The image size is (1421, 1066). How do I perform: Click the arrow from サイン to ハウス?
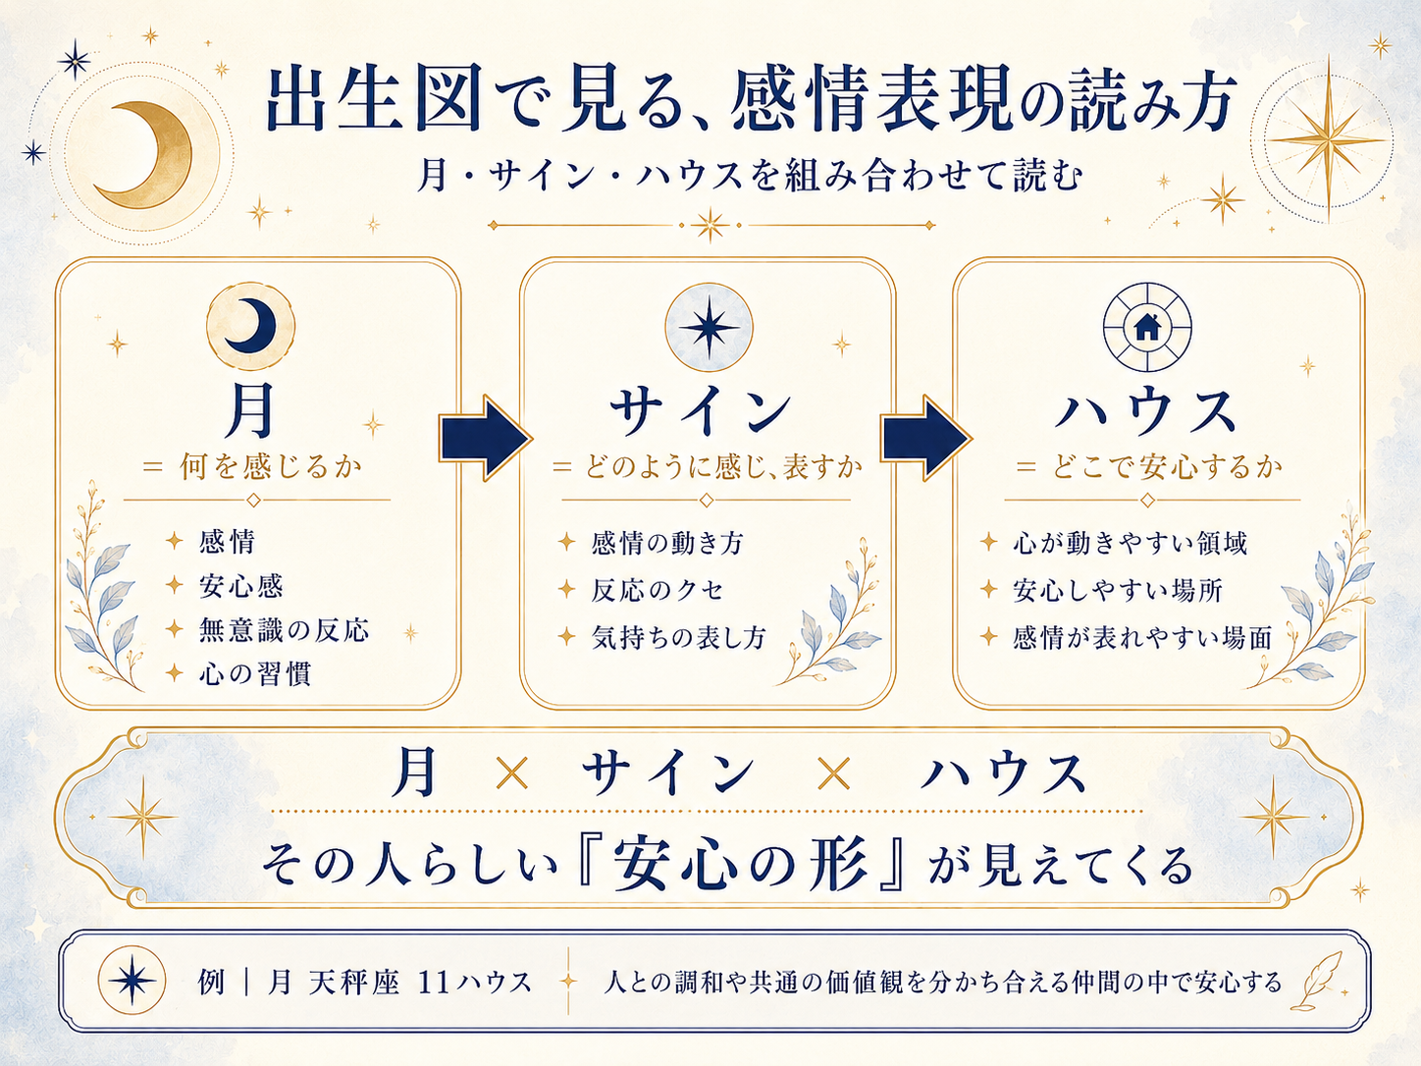pos(925,438)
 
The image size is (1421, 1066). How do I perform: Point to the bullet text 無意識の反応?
pos(284,630)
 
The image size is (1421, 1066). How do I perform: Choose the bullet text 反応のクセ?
pos(658,590)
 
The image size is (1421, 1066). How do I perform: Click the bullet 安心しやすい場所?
pos(1118,590)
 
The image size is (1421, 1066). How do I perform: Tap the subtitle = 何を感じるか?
pos(252,466)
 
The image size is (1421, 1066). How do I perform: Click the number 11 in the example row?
pos(435,983)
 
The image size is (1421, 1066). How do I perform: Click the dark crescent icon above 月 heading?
pos(250,326)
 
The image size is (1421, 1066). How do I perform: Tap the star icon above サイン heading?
pos(709,327)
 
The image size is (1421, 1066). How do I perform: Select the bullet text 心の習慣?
pos(255,673)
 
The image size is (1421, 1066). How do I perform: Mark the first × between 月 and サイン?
pos(511,774)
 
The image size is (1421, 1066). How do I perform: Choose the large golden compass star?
pos(1327,139)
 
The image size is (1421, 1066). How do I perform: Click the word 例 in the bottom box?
pos(211,983)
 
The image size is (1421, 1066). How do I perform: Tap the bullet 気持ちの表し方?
pos(678,637)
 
